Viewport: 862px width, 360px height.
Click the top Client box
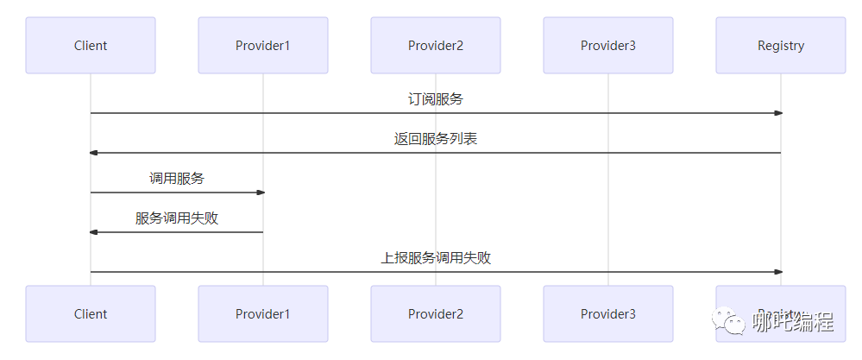91,46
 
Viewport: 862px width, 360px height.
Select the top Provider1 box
263,46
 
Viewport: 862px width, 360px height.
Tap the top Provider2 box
436,46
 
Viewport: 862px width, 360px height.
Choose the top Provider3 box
608,46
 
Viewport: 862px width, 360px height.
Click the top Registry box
781,46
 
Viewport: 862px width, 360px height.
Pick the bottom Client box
91,314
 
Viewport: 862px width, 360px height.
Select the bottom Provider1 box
263,314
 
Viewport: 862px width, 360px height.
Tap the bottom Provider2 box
436,314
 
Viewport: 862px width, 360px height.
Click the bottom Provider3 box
608,314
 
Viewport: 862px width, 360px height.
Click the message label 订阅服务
436,99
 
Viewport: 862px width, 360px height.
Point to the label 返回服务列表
436,139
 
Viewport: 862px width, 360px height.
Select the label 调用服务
177,179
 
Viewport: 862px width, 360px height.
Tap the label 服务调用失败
177,218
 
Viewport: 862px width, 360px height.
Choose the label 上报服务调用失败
436,258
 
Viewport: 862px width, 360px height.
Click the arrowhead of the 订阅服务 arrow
777,113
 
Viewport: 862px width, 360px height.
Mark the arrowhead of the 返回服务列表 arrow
94,153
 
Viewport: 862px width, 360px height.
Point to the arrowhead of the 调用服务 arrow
260,193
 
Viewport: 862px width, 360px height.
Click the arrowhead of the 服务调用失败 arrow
94,232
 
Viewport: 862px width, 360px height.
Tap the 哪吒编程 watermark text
792,323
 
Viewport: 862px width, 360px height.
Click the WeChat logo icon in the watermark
734,323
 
